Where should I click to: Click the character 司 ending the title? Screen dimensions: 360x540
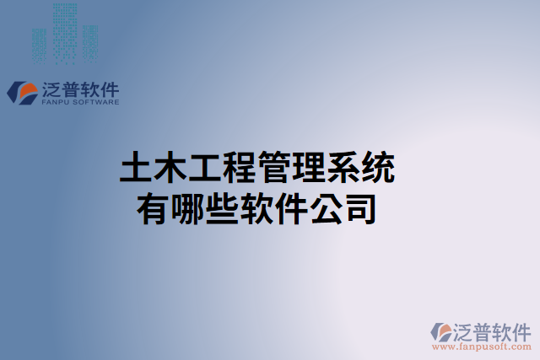coord(361,207)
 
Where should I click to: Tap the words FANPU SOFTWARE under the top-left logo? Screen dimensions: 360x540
coord(80,103)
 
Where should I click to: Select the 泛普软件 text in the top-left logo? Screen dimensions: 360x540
coord(80,89)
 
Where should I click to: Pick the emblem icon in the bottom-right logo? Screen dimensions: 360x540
coord(442,331)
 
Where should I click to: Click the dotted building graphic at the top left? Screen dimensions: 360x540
coord(64,34)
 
